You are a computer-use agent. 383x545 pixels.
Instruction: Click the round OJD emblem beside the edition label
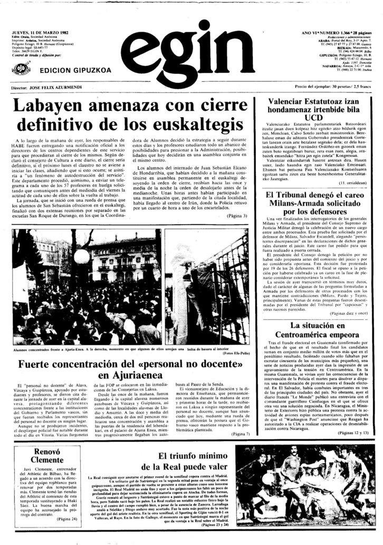[x=22, y=69]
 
